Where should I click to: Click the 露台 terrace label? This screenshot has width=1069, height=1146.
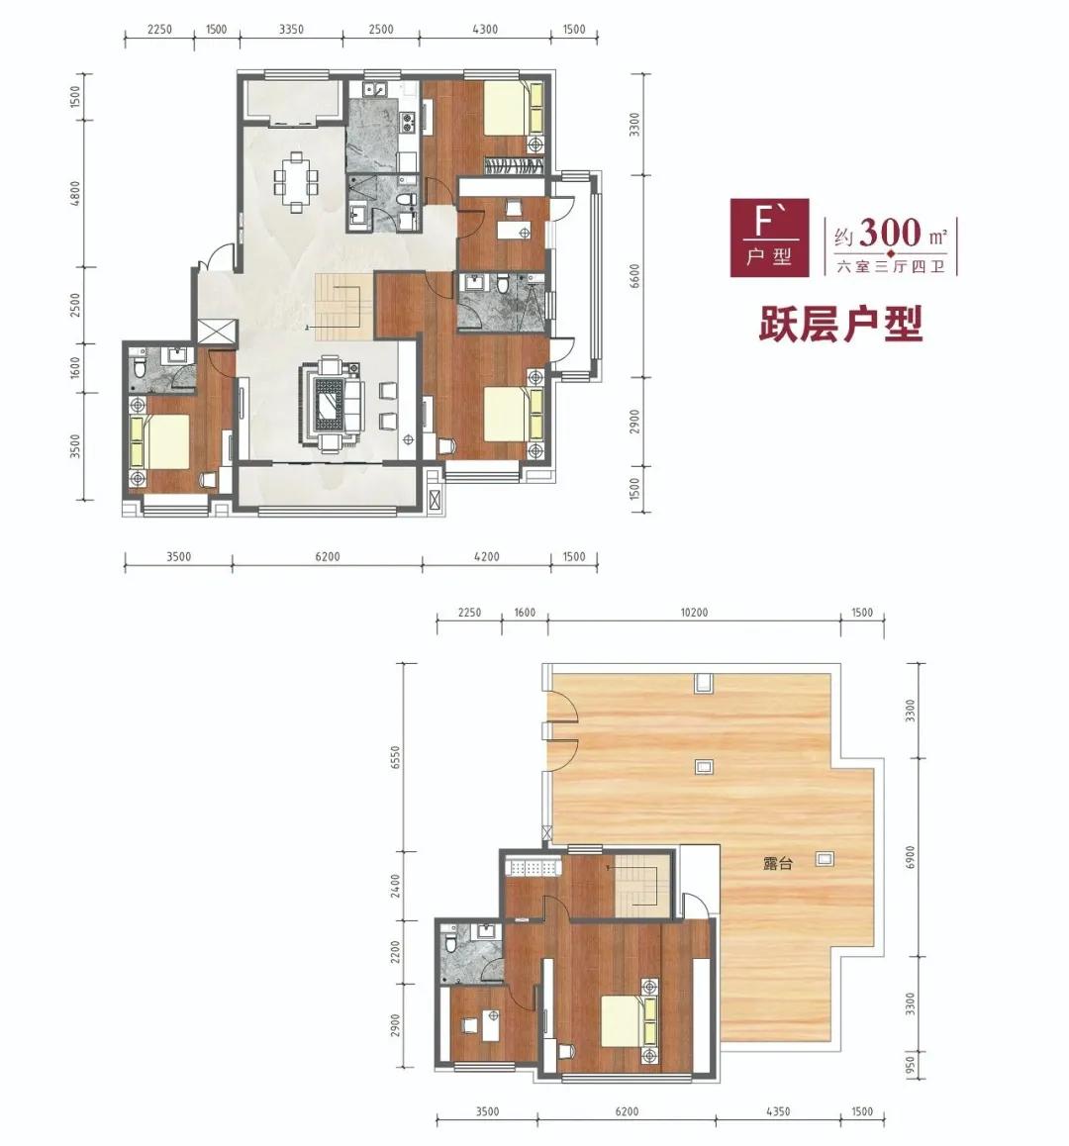coord(777,863)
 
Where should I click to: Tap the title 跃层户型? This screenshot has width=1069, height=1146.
coord(840,324)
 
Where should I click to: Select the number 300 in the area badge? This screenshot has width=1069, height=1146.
coord(890,234)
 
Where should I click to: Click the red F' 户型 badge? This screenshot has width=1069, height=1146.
coord(769,238)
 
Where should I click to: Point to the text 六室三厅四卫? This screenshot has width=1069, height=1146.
coord(891,267)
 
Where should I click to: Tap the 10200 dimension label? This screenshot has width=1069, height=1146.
coord(693,613)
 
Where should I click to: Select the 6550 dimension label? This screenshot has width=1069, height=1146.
coord(396,758)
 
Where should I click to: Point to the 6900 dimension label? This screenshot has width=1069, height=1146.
coord(910,858)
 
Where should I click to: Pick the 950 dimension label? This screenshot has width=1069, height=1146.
coord(911,1064)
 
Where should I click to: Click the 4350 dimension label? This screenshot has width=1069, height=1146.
coord(778,1111)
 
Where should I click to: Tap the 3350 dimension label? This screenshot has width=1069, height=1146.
coord(291,30)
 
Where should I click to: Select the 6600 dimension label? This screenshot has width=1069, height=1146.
coord(633,276)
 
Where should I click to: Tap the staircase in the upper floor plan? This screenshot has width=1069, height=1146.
coord(339,307)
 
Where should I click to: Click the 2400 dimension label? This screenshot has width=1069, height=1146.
coord(396,887)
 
